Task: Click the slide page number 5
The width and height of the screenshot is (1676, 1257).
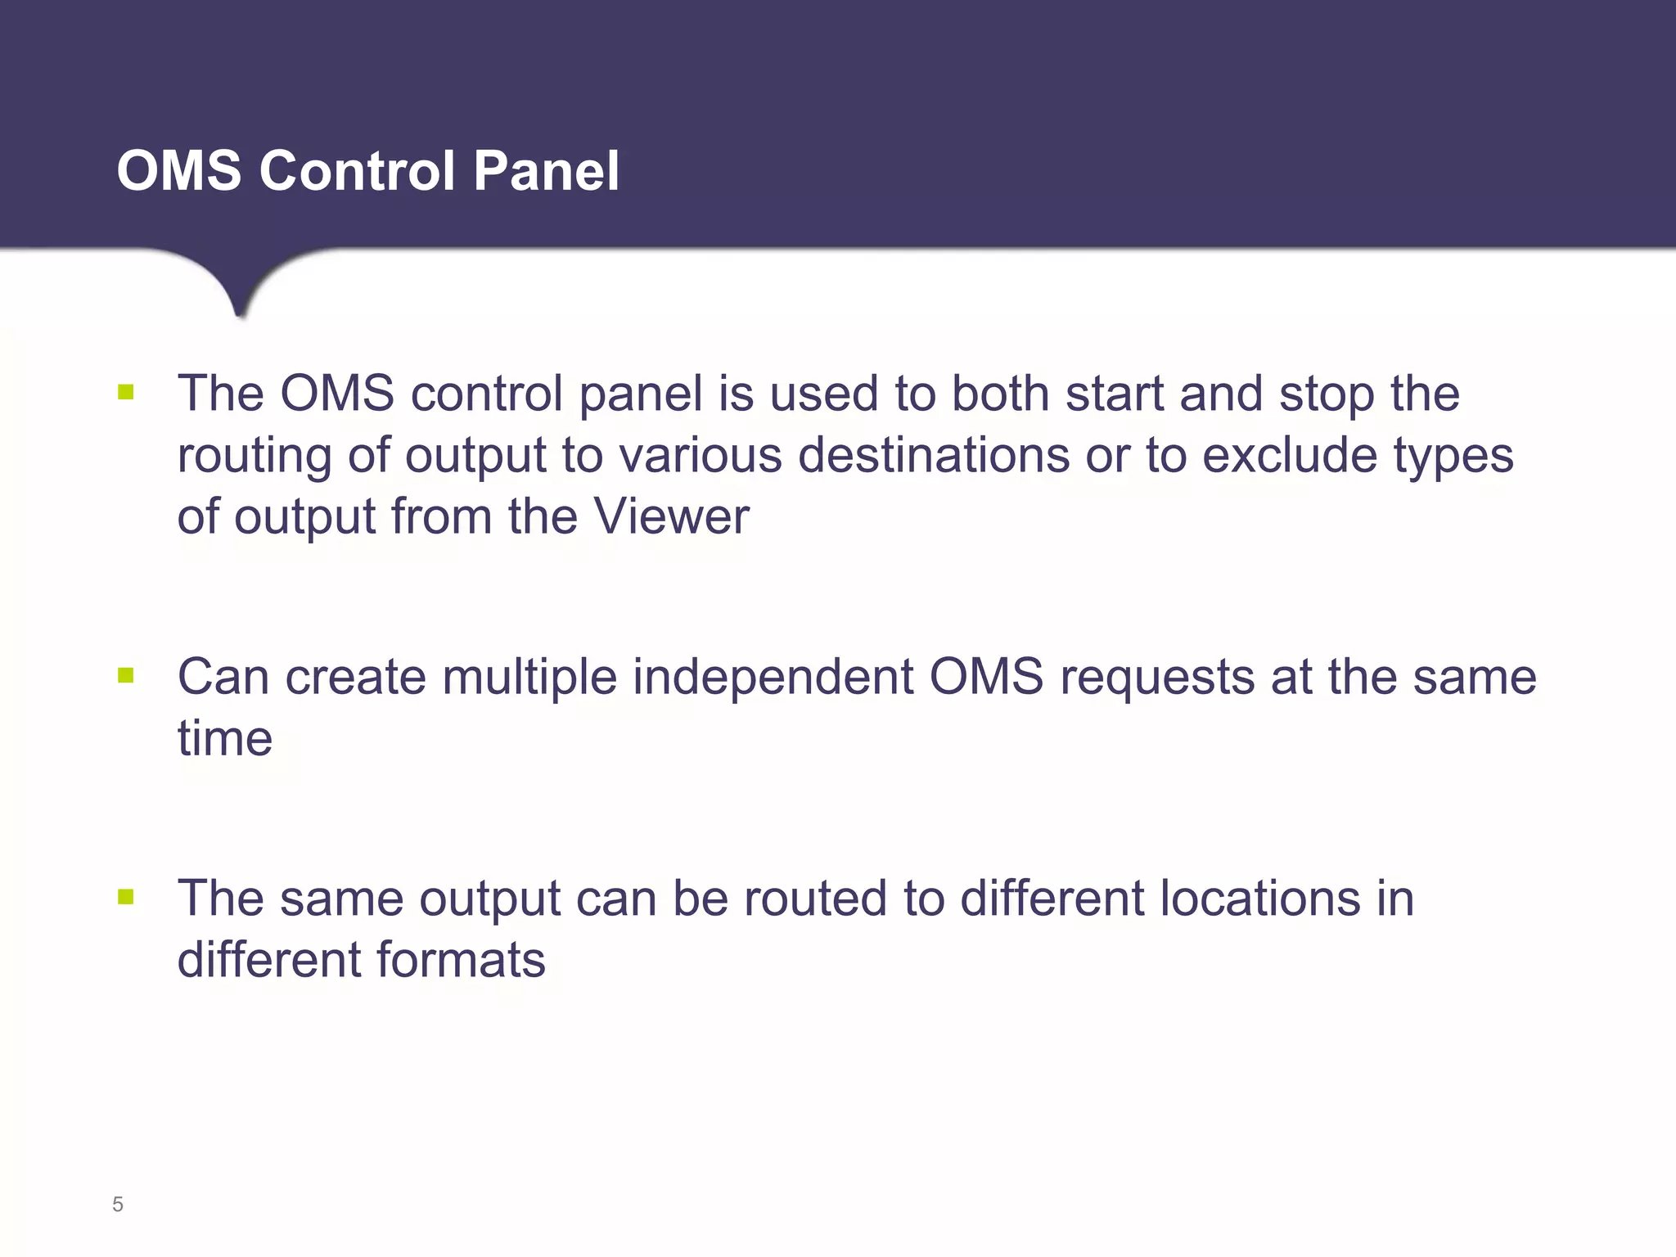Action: [x=118, y=1205]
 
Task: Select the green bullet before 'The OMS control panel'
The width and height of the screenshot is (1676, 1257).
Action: [x=125, y=393]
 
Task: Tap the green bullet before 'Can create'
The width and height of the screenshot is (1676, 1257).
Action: [x=125, y=676]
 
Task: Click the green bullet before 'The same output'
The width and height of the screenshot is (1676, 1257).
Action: [x=125, y=898]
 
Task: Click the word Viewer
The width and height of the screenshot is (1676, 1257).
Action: [x=671, y=516]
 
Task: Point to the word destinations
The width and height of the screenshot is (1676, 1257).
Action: [x=933, y=455]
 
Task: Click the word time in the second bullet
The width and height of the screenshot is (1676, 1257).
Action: [x=225, y=738]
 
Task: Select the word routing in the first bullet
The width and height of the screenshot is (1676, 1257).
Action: [x=255, y=457]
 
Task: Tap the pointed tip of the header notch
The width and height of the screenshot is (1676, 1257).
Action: [x=240, y=314]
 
